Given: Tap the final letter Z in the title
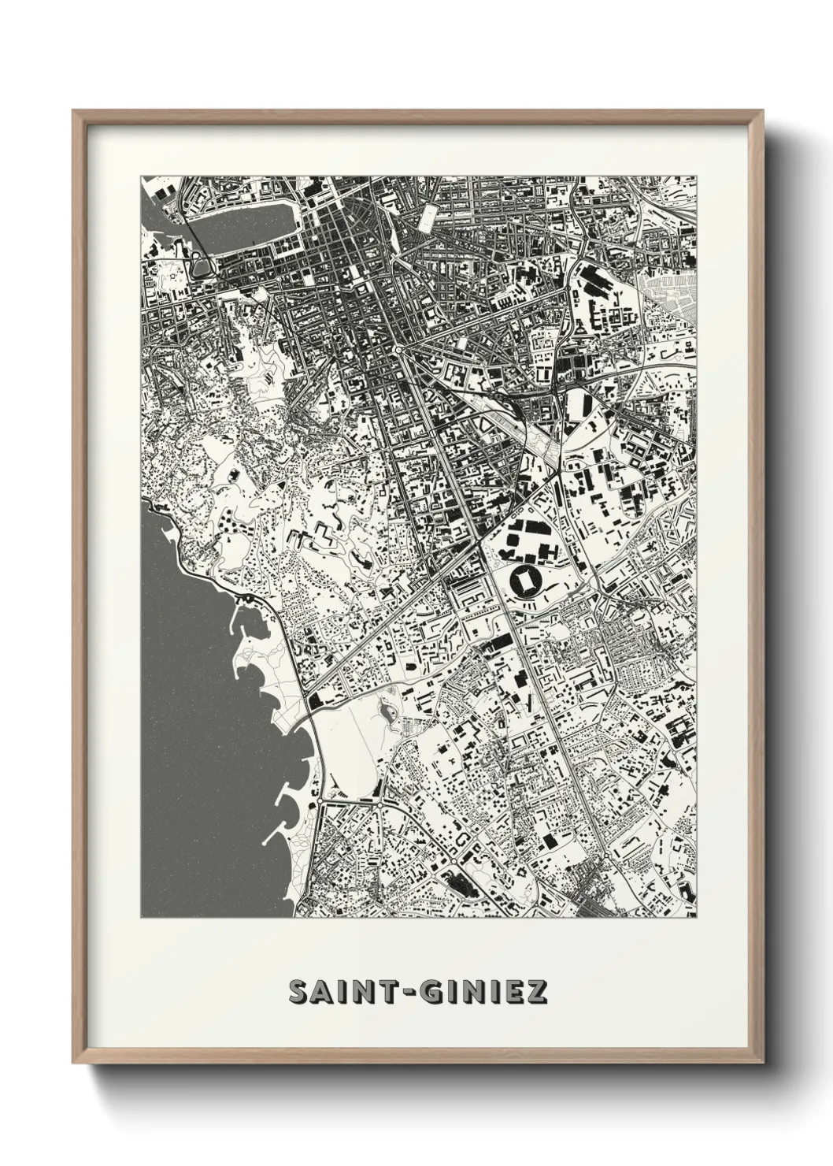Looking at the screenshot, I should point(537,992).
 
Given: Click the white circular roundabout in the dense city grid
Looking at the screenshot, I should point(399,348).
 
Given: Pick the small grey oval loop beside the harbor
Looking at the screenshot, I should point(202,267).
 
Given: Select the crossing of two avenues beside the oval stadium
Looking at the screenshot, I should point(480,544).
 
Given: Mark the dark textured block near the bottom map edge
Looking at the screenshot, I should point(456,882).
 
